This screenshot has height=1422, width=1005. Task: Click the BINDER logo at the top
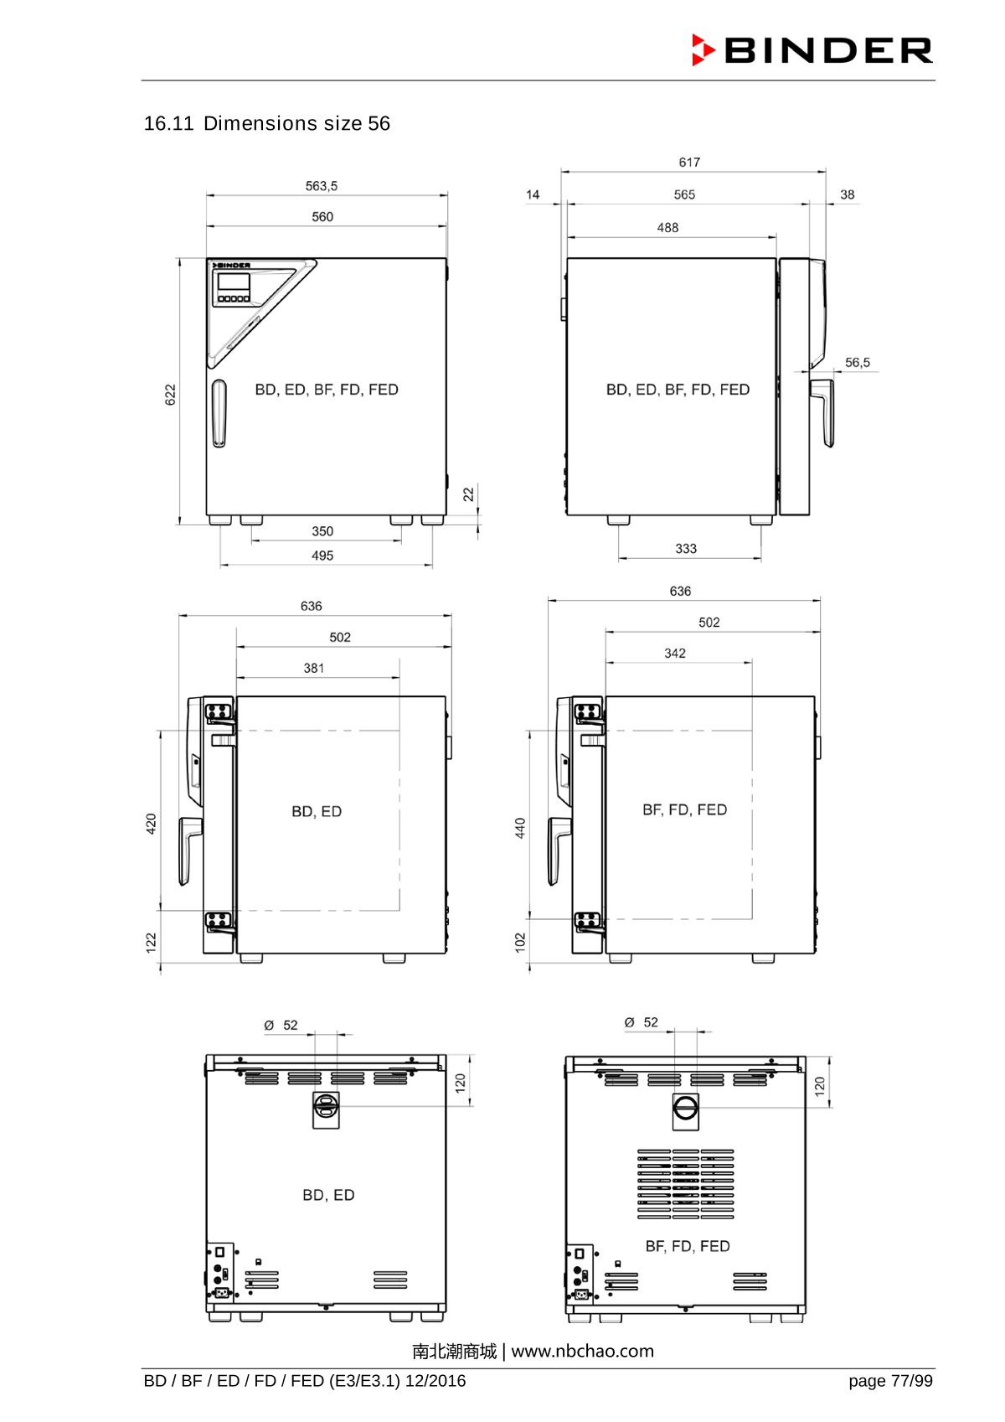(812, 50)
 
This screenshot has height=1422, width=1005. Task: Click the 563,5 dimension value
(322, 186)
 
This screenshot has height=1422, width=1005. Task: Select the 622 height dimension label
(171, 395)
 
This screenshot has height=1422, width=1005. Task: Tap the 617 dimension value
(689, 163)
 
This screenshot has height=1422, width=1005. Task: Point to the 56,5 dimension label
(857, 363)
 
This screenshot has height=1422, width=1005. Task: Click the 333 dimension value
(686, 549)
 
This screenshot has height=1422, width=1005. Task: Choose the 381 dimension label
(314, 669)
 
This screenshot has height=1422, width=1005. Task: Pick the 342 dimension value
(675, 654)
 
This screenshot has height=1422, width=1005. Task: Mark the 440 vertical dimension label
(520, 828)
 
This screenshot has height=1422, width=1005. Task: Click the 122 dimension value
(152, 943)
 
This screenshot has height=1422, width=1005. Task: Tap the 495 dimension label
(322, 556)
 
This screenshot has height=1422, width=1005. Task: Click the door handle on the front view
(219, 414)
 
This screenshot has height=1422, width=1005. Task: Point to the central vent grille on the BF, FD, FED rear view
(685, 1183)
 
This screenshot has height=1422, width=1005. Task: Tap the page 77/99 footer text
(890, 1381)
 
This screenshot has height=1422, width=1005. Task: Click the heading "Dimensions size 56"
(296, 124)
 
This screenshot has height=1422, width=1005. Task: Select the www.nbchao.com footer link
(582, 1352)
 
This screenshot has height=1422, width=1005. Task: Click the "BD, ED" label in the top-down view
(317, 812)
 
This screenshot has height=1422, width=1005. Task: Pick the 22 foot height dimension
(469, 494)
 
